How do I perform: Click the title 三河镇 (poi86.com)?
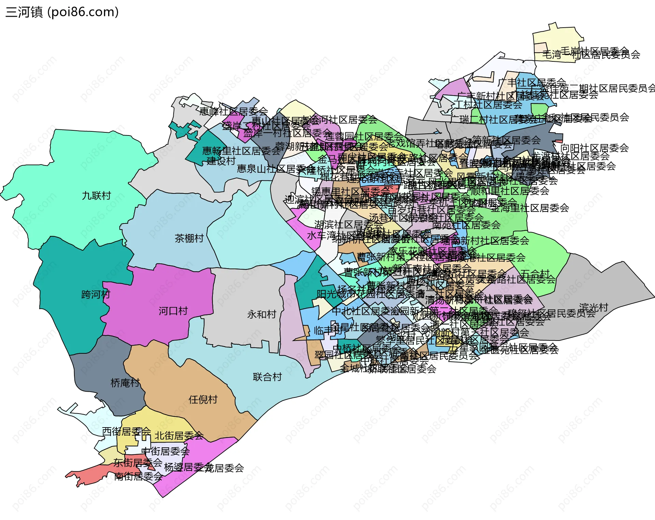[62, 12]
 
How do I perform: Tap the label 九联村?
[97, 196]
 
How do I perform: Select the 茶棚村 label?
[189, 238]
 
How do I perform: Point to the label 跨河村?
[96, 294]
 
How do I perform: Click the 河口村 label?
[173, 311]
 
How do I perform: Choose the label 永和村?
[262, 314]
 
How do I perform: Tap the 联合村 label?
[267, 377]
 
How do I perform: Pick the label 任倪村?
[203, 400]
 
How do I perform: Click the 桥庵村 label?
[125, 383]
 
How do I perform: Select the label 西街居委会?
[126, 432]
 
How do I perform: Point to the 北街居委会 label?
[179, 436]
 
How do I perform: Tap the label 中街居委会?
[165, 451]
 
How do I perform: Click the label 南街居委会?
[138, 476]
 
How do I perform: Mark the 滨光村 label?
[594, 308]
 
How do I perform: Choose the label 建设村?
[221, 161]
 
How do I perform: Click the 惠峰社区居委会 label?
[234, 111]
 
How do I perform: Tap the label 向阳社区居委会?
[595, 148]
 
